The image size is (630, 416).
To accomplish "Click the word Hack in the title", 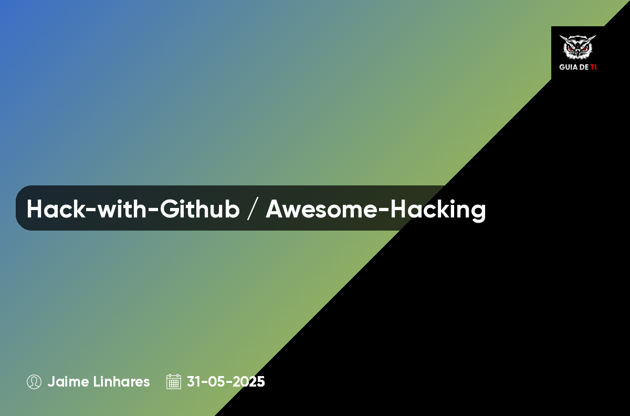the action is click(56, 209).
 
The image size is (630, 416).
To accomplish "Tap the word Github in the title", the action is click(199, 209).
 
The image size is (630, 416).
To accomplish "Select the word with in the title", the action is click(122, 209).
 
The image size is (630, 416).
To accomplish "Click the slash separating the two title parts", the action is click(253, 209).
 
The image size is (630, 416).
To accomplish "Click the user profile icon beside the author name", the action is click(34, 382).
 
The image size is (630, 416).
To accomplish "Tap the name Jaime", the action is click(68, 382).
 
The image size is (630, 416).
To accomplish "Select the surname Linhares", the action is click(121, 382).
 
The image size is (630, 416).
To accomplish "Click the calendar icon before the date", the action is click(174, 382).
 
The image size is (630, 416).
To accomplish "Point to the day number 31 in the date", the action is click(194, 382).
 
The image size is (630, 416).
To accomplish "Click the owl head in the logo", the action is click(577, 47).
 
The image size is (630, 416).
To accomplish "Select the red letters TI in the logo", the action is click(593, 67).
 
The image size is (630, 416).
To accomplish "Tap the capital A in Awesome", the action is click(275, 209).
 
